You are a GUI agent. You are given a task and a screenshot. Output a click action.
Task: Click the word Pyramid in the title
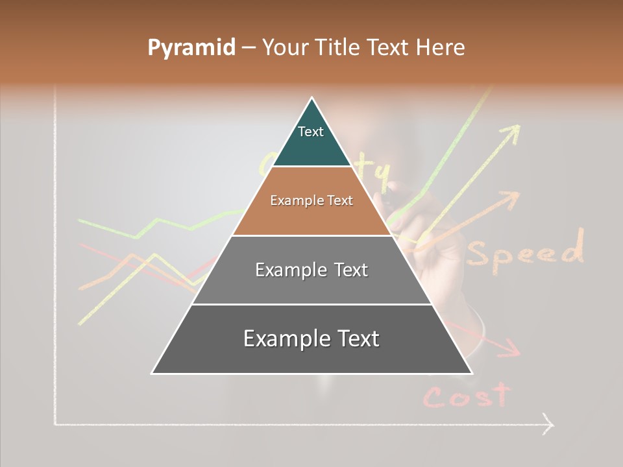click(x=191, y=48)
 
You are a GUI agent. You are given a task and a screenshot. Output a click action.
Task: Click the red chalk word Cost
click(x=467, y=395)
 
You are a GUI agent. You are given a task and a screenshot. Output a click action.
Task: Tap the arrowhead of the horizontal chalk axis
click(x=549, y=425)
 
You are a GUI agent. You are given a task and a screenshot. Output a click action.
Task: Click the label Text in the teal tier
click(x=311, y=132)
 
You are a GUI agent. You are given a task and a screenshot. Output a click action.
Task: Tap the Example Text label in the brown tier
click(x=311, y=200)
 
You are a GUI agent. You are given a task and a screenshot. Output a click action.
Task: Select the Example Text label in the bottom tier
click(x=311, y=339)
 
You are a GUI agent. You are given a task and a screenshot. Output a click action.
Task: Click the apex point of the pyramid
click(x=312, y=98)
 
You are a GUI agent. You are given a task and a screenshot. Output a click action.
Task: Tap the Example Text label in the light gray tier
click(x=311, y=270)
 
